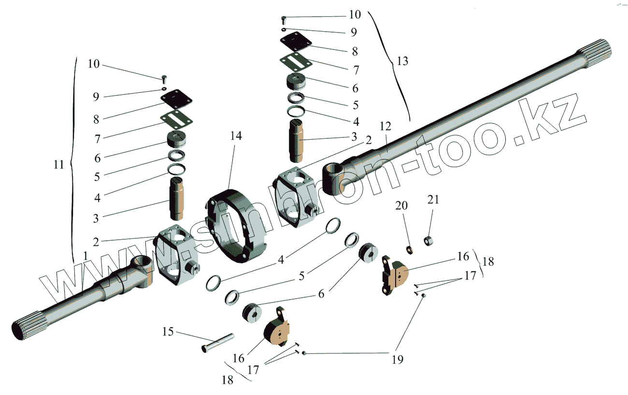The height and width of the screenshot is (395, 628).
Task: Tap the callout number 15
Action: pyautogui.click(x=168, y=332)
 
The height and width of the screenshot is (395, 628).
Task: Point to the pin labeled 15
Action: pyautogui.click(x=217, y=342)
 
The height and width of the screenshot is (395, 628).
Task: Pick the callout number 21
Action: pyautogui.click(x=433, y=199)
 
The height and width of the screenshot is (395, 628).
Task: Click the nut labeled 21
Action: pyautogui.click(x=428, y=240)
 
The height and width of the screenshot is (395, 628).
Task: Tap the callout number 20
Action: pyautogui.click(x=402, y=206)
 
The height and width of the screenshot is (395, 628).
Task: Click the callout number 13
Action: pyautogui.click(x=402, y=61)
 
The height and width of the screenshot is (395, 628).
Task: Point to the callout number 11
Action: pyautogui.click(x=58, y=165)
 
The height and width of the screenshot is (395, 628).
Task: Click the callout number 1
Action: pyautogui.click(x=86, y=254)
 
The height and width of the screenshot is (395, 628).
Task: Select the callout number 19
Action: pyautogui.click(x=398, y=359)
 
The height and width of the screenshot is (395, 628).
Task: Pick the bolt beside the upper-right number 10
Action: pyautogui.click(x=283, y=20)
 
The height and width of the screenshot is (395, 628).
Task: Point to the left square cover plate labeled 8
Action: pyautogui.click(x=176, y=99)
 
